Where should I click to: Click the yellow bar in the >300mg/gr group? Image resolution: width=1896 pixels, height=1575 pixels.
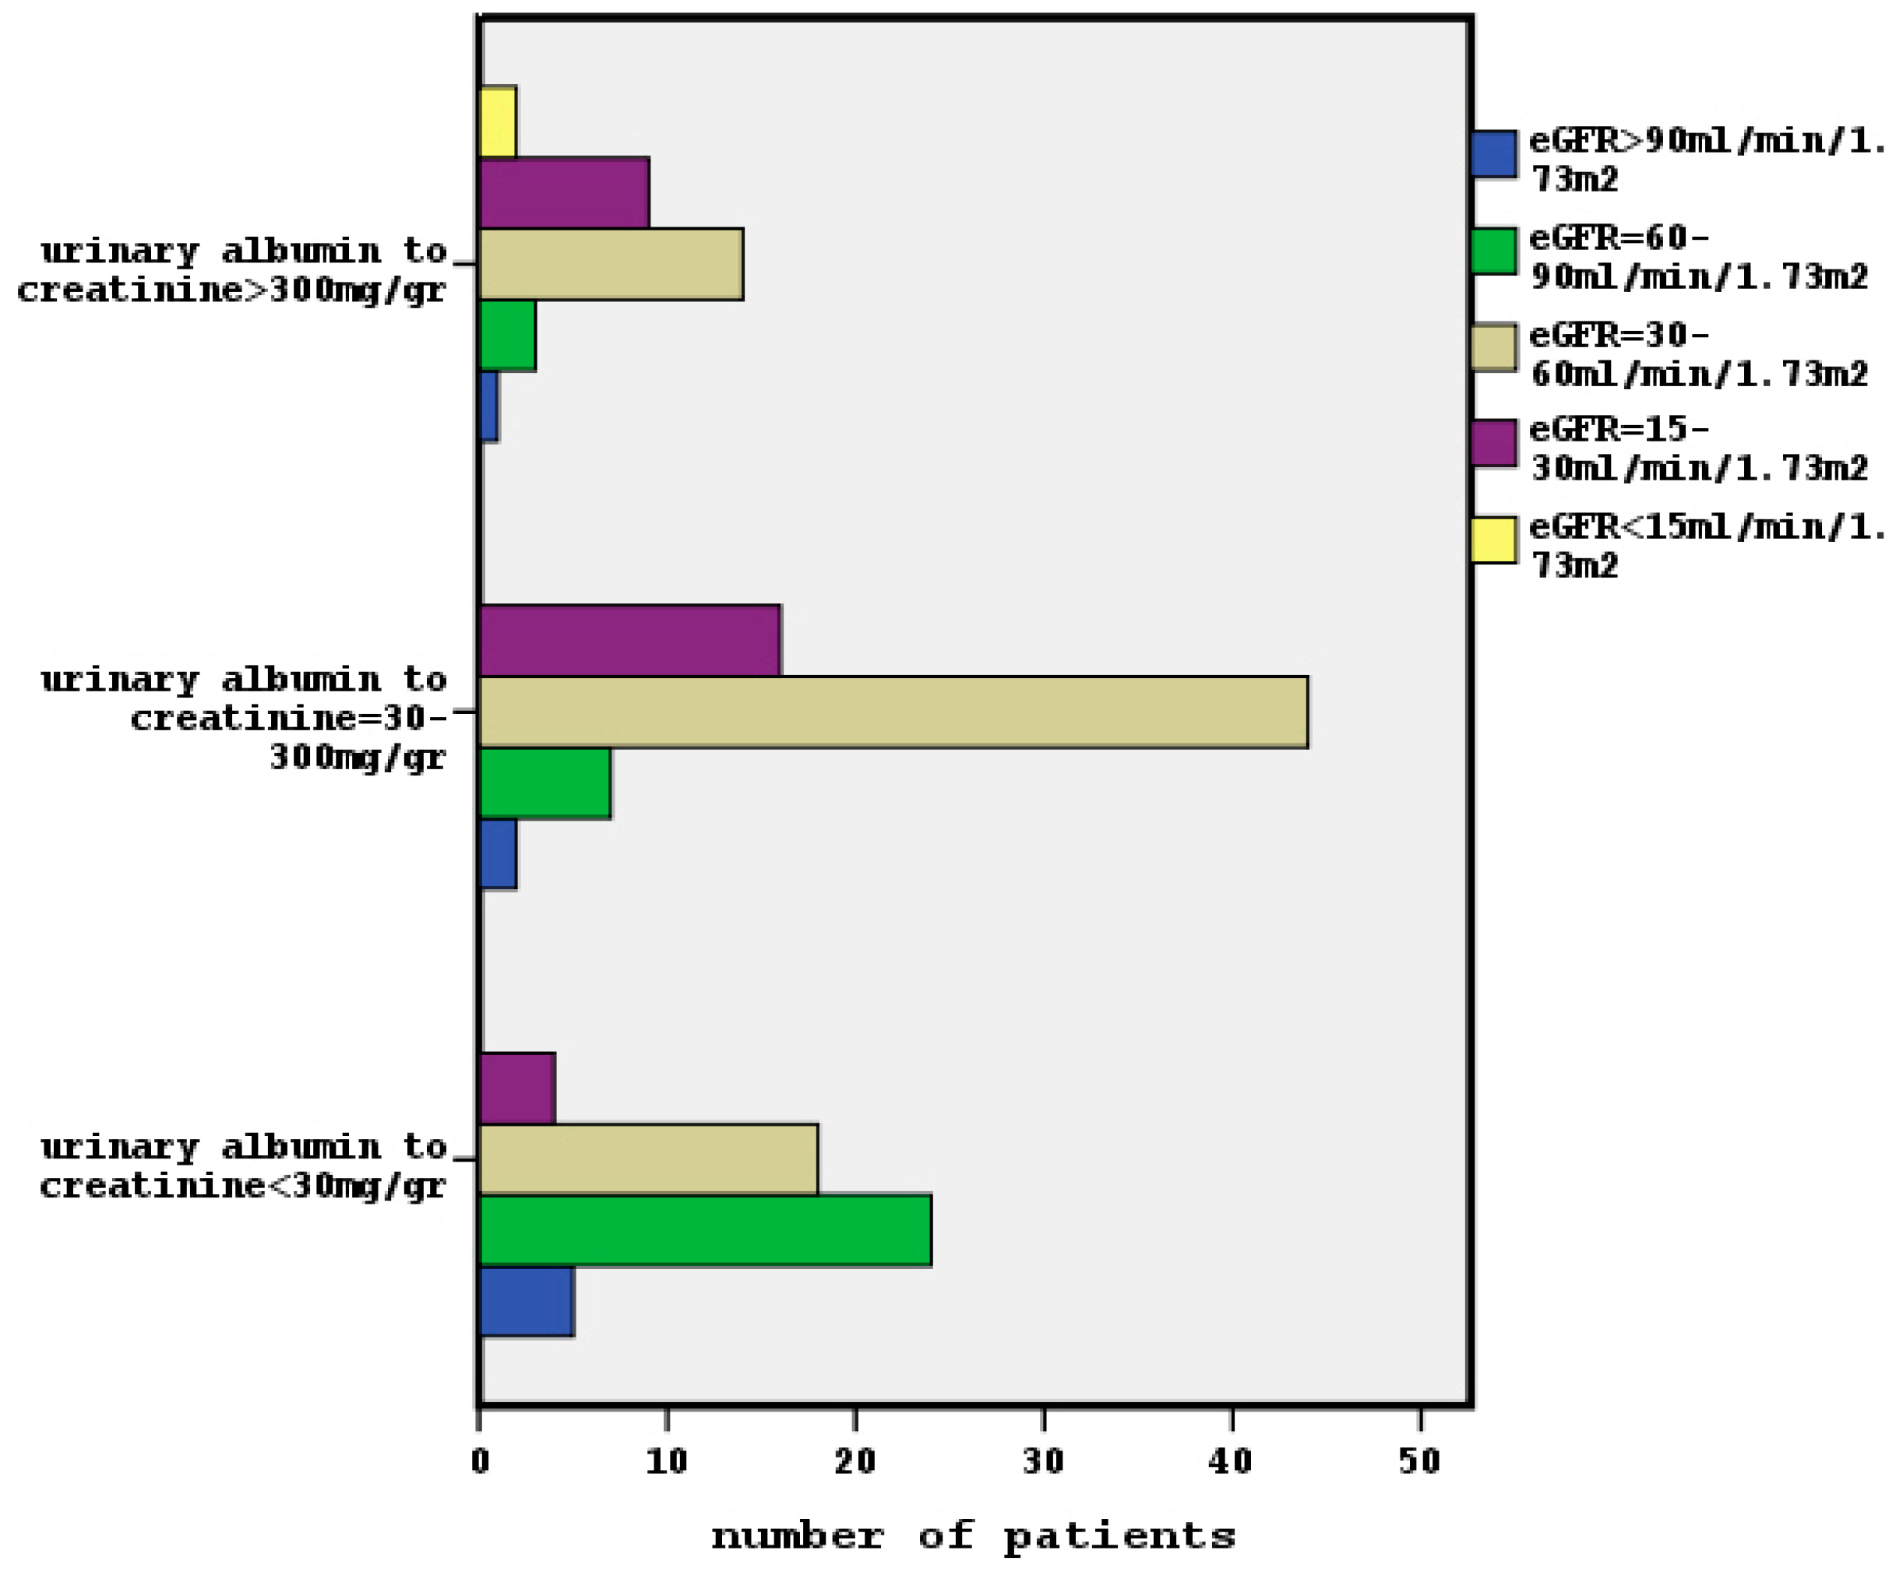tap(498, 122)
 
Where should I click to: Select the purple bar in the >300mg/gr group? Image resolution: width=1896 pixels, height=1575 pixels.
tap(564, 192)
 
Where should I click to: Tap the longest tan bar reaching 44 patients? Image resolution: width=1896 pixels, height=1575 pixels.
tap(893, 712)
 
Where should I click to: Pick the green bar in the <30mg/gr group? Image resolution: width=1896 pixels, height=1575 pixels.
tap(704, 1230)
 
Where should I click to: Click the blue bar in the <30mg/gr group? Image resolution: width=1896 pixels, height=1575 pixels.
tap(527, 1301)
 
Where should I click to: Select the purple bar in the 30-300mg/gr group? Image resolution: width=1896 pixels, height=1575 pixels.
tap(629, 640)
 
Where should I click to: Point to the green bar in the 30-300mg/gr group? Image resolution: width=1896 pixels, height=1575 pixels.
tap(544, 782)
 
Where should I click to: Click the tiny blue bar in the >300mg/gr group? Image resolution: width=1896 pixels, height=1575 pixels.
tap(488, 406)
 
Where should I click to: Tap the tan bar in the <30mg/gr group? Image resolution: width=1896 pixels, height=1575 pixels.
tap(648, 1159)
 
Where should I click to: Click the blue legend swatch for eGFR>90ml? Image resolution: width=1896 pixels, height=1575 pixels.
tap(1493, 154)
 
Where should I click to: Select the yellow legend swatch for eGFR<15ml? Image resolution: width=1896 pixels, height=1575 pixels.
tap(1493, 540)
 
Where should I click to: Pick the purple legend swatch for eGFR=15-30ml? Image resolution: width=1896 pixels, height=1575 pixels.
tap(1493, 443)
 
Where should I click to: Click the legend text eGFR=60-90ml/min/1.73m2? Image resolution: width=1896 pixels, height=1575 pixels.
tap(1697, 257)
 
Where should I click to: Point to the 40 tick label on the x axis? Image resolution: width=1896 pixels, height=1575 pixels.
tap(1231, 1461)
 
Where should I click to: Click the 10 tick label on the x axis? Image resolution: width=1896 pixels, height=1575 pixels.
tap(666, 1461)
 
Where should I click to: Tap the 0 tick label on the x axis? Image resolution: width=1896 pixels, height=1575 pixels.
tap(479, 1461)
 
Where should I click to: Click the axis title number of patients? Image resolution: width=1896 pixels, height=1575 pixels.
tap(972, 1535)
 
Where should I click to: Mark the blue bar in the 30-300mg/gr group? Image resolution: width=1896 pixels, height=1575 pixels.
tap(498, 853)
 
